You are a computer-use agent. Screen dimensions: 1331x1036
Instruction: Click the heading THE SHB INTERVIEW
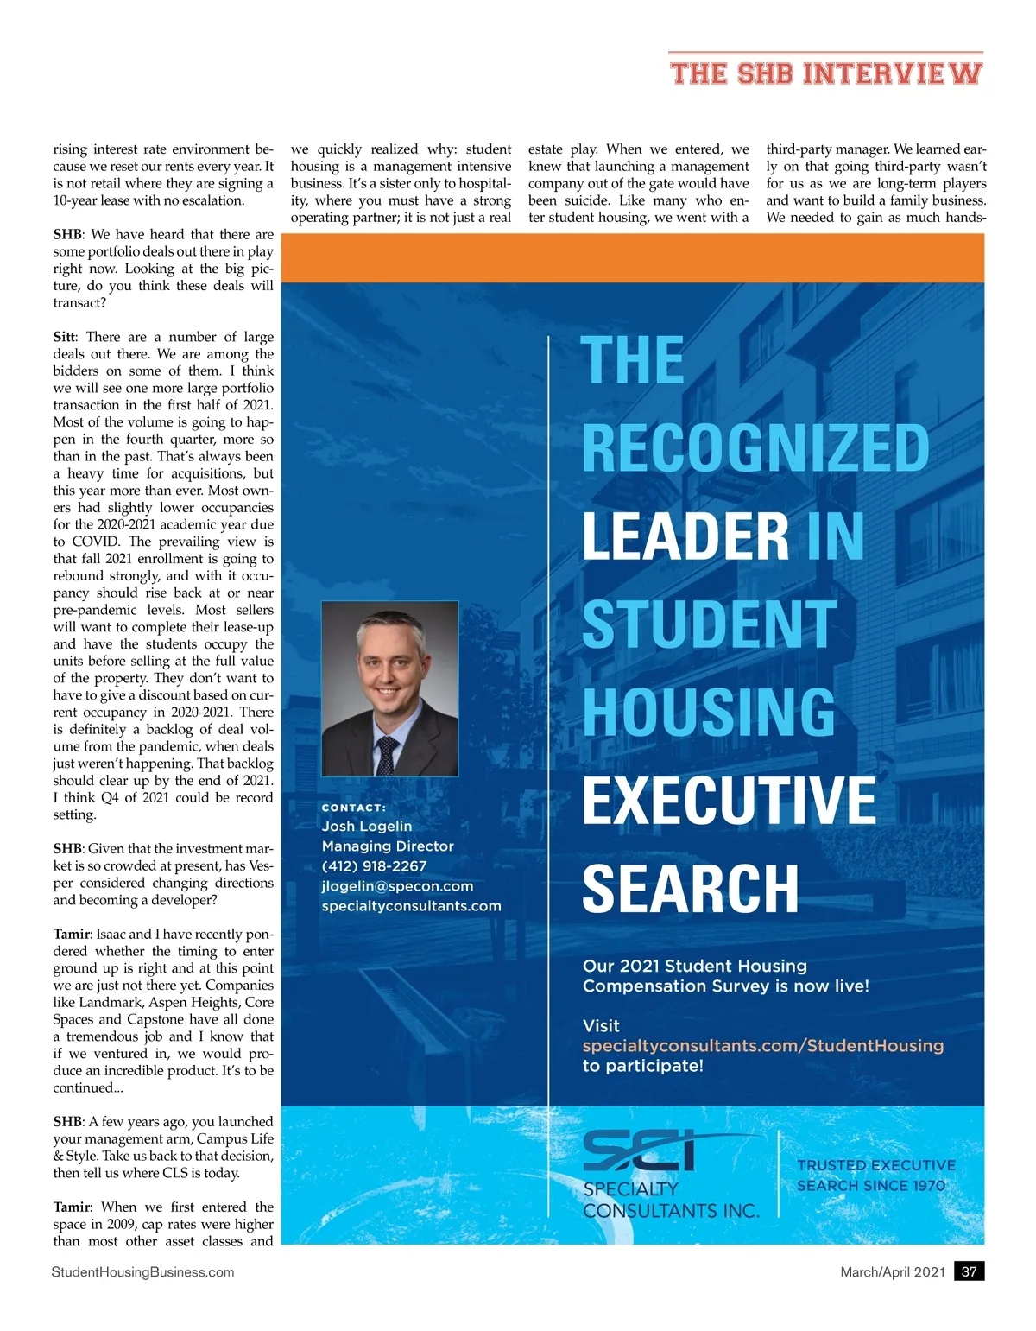(825, 73)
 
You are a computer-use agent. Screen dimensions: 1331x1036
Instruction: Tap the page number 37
(969, 1271)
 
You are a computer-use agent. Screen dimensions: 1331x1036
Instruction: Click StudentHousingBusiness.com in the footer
(142, 1271)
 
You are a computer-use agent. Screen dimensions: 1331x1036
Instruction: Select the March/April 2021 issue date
(893, 1271)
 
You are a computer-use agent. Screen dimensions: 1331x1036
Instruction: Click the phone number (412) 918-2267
(374, 866)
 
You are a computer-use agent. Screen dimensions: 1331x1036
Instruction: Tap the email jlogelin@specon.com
(397, 886)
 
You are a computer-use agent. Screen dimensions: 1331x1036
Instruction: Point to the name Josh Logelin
(366, 827)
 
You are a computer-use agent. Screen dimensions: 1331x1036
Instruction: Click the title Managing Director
(388, 846)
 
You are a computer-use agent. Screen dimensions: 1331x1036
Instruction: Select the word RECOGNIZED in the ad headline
(755, 447)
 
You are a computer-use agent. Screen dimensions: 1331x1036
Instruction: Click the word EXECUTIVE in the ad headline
(729, 800)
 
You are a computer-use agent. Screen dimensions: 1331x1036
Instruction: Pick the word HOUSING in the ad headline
(709, 712)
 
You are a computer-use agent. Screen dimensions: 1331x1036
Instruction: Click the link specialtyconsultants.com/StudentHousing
(763, 1046)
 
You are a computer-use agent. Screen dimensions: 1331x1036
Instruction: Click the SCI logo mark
(640, 1151)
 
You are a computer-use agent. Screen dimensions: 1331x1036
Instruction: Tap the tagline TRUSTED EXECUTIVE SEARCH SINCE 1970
(876, 1176)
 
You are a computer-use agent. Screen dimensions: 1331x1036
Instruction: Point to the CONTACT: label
(353, 808)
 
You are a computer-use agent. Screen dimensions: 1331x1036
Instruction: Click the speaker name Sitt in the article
(64, 337)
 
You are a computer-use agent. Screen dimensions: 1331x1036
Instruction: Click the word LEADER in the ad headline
(685, 536)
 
